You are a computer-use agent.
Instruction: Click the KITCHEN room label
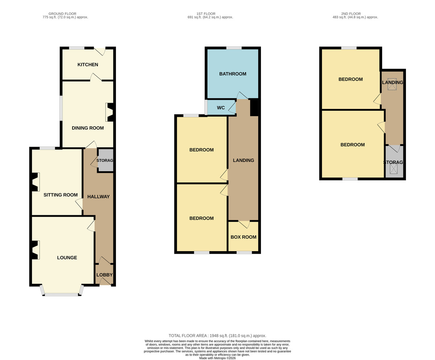(x=88, y=65)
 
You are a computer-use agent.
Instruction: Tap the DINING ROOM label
(x=88, y=128)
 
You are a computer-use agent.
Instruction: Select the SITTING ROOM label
(x=61, y=195)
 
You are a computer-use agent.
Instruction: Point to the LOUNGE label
(x=67, y=258)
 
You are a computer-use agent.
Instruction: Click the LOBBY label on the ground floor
(x=104, y=275)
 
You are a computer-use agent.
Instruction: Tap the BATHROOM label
(x=233, y=74)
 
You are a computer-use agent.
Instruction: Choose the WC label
(x=221, y=108)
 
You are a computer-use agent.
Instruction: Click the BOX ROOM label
(x=243, y=237)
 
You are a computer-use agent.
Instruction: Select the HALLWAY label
(x=98, y=196)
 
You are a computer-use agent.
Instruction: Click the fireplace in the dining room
(x=109, y=112)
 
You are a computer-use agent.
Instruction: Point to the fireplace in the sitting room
(x=36, y=182)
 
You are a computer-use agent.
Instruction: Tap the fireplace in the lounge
(x=36, y=250)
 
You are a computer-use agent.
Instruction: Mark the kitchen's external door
(x=100, y=51)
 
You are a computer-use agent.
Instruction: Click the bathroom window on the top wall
(x=234, y=48)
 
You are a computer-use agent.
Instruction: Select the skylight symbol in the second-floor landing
(x=392, y=84)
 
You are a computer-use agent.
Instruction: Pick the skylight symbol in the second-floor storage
(x=394, y=169)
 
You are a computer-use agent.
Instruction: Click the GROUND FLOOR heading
(x=62, y=14)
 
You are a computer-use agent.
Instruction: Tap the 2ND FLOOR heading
(x=351, y=14)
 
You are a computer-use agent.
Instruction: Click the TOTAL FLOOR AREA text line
(x=217, y=336)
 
